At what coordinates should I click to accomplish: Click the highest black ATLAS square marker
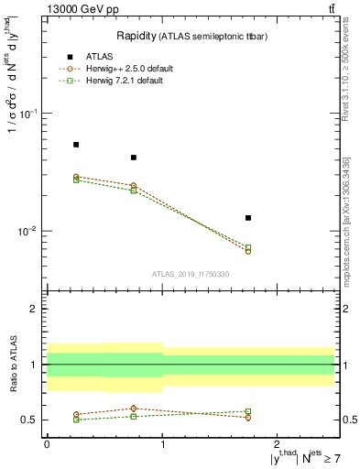76,145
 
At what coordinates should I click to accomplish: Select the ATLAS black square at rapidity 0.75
134,158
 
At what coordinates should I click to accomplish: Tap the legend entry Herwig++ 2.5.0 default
129,69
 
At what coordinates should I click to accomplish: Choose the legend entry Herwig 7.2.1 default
127,81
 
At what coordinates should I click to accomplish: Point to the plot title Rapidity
136,36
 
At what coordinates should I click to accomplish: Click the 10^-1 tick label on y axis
27,114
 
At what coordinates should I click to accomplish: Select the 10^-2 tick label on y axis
27,232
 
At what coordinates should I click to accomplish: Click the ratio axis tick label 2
33,310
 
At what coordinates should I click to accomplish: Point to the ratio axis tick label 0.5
29,420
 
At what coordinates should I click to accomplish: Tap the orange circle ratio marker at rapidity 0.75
134,409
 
